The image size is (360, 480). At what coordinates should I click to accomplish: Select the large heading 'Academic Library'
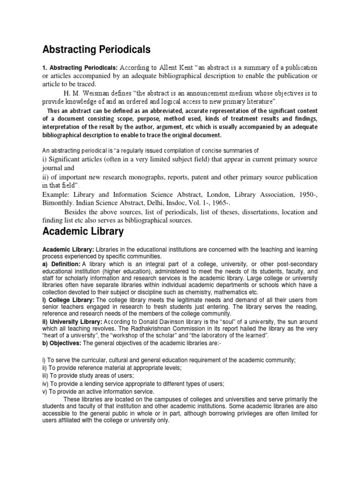point(83,231)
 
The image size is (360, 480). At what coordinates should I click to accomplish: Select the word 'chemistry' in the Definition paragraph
point(224,292)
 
